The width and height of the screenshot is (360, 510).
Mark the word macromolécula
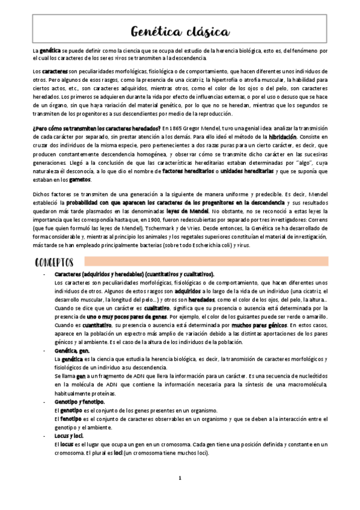click(307, 384)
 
